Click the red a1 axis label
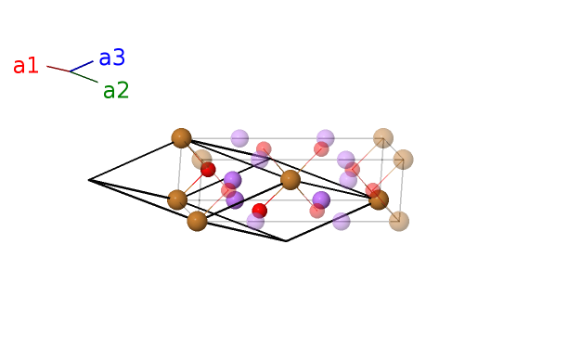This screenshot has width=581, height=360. point(26,66)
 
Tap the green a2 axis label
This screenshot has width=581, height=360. point(116,90)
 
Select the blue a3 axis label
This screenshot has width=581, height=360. point(112,58)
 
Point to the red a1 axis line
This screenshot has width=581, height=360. point(58,69)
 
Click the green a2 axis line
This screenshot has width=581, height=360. point(84,77)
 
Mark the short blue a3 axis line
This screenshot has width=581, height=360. point(82,66)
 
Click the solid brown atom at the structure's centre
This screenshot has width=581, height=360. point(290,180)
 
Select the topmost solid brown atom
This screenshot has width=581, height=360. point(181,138)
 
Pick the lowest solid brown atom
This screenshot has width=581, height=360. point(197,221)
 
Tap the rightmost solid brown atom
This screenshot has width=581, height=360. point(379,200)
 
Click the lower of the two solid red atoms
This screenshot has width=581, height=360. point(259,211)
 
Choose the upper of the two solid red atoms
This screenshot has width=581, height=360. point(208,170)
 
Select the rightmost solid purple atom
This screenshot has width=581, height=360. point(321,200)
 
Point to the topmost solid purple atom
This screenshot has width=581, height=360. point(232,180)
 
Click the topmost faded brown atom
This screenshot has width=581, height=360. point(383,138)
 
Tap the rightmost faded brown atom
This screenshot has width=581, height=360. point(403,160)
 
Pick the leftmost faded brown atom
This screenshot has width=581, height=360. point(201,160)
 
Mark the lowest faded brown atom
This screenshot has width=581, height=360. point(399,221)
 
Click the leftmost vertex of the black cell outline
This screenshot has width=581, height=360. point(88,180)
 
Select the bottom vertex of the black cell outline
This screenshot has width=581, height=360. point(286,241)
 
